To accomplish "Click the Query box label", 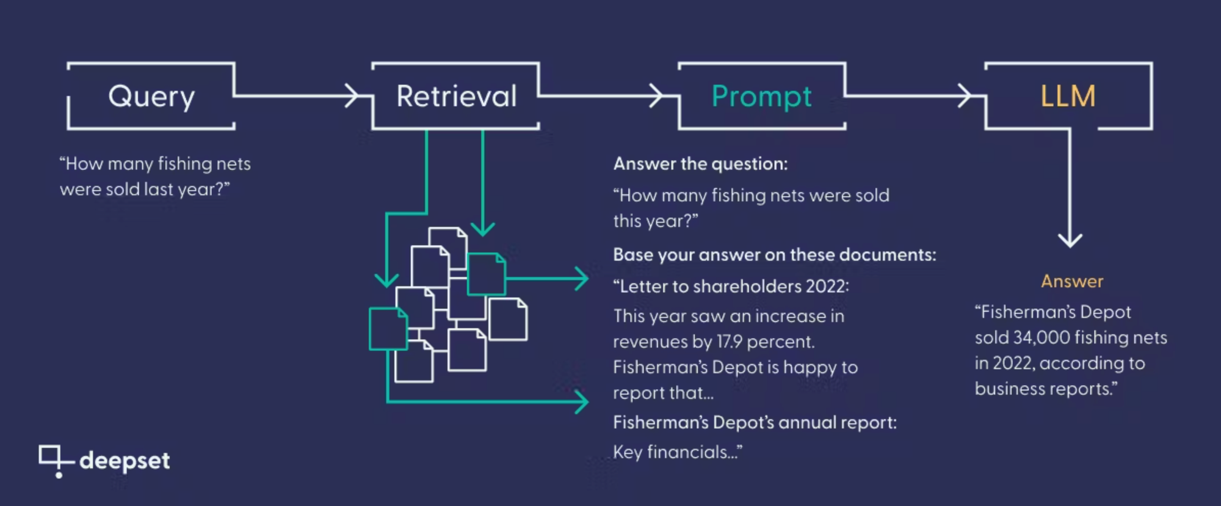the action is pos(151,97).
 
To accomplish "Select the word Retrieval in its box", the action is pos(457,96).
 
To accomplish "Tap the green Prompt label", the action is pos(761,97).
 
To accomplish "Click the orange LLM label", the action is pos(1068,96).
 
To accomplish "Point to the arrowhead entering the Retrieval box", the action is pos(352,96).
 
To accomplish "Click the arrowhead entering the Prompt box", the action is pos(656,96).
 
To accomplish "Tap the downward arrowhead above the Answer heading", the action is pos(1070,240).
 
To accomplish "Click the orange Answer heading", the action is pos(1072,281).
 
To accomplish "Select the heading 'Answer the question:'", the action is pos(700,164).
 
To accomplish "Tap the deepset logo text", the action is pos(125,461).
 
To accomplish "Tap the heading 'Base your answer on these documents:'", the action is pos(774,255).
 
